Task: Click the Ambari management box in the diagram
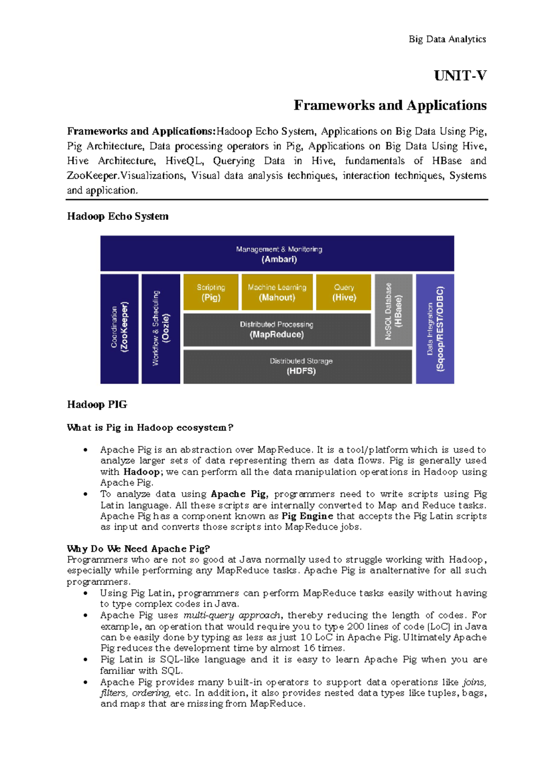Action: click(277, 253)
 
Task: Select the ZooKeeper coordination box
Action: click(119, 329)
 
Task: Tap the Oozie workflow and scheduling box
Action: click(161, 329)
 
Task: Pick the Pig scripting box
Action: click(211, 292)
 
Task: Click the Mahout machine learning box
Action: click(277, 292)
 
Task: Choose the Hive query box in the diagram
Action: click(343, 292)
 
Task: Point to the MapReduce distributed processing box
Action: click(277, 330)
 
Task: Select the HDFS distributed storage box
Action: click(298, 367)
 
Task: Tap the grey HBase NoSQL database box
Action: click(393, 310)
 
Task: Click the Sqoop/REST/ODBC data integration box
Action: click(435, 329)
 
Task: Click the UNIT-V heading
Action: click(460, 76)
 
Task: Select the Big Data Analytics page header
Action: click(447, 39)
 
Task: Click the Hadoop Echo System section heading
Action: click(118, 216)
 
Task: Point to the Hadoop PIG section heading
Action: click(97, 404)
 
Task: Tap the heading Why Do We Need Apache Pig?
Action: click(138, 548)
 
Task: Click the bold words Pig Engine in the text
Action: click(307, 516)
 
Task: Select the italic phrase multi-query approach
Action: click(232, 615)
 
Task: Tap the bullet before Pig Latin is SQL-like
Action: click(85, 660)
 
